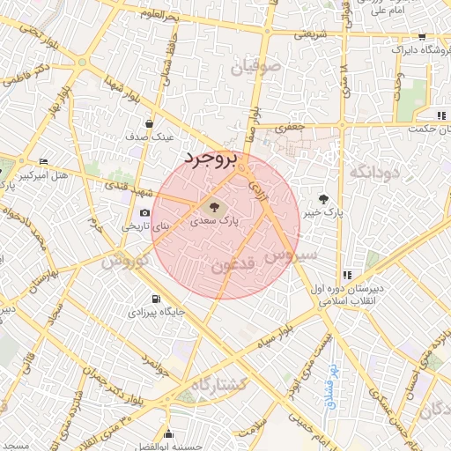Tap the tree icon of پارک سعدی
(x=212, y=206)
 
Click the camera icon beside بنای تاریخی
(x=144, y=213)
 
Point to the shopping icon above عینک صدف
(x=151, y=123)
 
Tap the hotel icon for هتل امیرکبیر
(x=44, y=162)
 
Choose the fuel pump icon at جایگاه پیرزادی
(x=157, y=299)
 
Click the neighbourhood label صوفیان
(x=255, y=66)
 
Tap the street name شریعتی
(x=309, y=35)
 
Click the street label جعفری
(x=288, y=127)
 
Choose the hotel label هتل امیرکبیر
(x=69, y=176)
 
